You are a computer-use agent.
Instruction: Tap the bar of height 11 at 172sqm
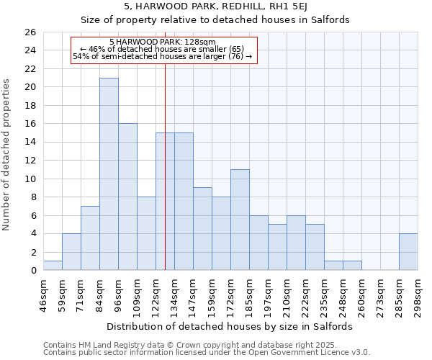[240, 220]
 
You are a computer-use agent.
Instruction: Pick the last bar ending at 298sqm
[408, 252]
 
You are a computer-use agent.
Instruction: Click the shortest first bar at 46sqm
[53, 266]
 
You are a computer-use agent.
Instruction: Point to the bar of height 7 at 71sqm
[90, 238]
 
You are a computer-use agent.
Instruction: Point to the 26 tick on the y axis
[30, 32]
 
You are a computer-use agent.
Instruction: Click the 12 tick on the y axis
[30, 161]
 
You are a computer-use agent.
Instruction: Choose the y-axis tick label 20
[30, 87]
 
